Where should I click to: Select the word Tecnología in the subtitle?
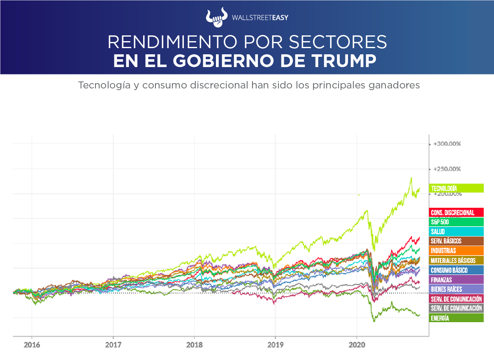(x=97, y=85)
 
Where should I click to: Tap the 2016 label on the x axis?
(x=32, y=345)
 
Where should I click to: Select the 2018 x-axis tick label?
(x=194, y=345)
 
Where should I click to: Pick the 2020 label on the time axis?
(x=357, y=345)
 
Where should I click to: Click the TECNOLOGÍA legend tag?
(x=456, y=188)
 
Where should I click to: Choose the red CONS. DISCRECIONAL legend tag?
(x=456, y=213)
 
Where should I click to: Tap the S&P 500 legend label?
(x=456, y=222)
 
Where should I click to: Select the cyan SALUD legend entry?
(x=456, y=232)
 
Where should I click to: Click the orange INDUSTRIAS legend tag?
(x=456, y=251)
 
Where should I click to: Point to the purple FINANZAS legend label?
(x=456, y=279)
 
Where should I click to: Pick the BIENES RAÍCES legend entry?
(x=456, y=289)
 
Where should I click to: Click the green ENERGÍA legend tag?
(x=456, y=318)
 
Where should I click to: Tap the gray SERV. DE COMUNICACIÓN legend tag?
(x=456, y=308)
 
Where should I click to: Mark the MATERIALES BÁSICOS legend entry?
(x=456, y=260)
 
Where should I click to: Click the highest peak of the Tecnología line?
(x=411, y=178)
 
